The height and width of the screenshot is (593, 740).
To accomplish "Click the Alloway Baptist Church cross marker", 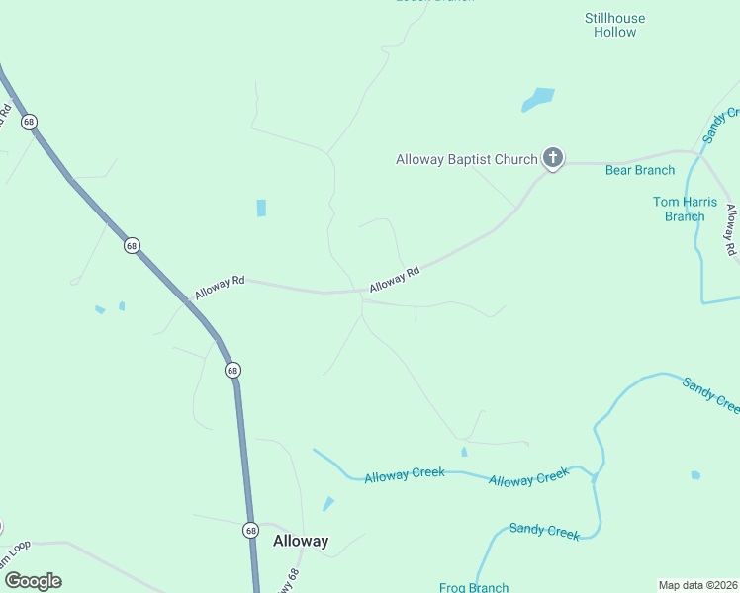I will (553, 157).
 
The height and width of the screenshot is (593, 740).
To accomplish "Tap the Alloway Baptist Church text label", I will (466, 159).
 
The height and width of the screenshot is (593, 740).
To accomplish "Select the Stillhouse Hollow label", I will (614, 25).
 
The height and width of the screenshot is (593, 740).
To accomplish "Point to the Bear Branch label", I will (640, 170).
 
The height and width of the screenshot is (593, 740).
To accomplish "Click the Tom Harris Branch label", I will (685, 209).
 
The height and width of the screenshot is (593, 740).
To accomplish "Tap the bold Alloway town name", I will (301, 541).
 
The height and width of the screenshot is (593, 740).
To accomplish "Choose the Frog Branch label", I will (474, 587).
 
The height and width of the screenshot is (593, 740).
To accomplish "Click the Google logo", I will (33, 581).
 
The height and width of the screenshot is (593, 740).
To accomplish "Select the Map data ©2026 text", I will (697, 585).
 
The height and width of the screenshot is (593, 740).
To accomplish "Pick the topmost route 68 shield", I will (29, 122).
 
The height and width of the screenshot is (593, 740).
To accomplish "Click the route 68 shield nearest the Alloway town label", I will (250, 530).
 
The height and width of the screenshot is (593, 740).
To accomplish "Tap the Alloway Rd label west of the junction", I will (220, 287).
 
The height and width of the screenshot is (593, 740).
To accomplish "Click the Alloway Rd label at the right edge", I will (730, 229).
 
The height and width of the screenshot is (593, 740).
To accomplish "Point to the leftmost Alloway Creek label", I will (404, 475).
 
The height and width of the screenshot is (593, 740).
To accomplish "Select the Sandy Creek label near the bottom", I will (544, 531).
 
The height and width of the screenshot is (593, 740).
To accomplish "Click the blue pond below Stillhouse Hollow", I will (538, 99).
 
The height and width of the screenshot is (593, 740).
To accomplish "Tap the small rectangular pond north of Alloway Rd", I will (261, 208).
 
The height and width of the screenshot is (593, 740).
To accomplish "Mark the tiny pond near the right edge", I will (695, 475).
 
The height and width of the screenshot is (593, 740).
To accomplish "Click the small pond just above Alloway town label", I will (327, 504).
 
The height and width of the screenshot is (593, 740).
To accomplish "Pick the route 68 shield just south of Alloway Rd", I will (231, 370).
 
